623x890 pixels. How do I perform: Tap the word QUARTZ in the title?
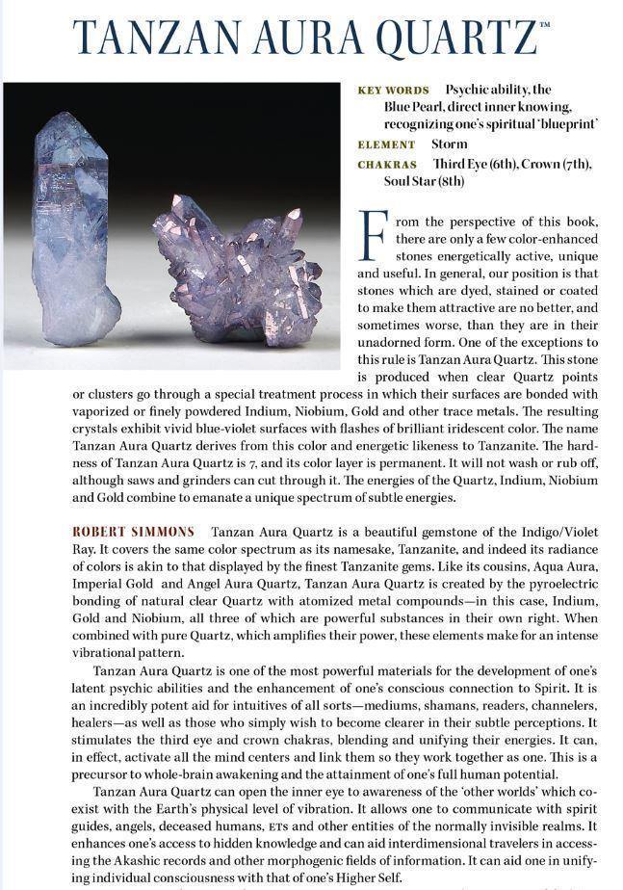tap(455, 37)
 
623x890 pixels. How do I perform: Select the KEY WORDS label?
tap(393, 91)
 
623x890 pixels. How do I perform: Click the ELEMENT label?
tap(386, 144)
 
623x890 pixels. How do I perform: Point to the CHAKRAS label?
tap(387, 165)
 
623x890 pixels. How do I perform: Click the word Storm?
tap(450, 144)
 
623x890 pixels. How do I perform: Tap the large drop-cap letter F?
tap(373, 234)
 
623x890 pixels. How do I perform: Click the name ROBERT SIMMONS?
tap(133, 532)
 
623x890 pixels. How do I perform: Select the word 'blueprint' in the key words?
tap(565, 125)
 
